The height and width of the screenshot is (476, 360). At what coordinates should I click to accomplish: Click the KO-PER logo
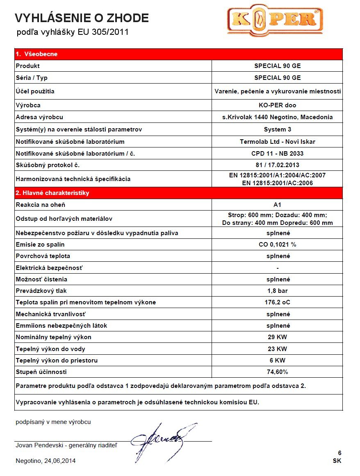[x=275, y=21]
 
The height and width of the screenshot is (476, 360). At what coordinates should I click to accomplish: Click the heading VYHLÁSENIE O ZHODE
[x=82, y=18]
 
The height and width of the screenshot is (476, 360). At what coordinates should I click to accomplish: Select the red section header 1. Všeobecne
[x=36, y=54]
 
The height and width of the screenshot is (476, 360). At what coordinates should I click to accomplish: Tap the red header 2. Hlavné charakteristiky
[x=52, y=193]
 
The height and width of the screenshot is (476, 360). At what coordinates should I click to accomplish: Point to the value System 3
[x=277, y=129]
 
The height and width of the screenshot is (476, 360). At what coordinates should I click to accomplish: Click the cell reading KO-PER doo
[x=277, y=105]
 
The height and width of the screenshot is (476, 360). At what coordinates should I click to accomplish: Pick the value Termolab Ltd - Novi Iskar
[x=277, y=142]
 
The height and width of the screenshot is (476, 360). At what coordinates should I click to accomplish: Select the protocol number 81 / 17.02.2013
[x=277, y=165]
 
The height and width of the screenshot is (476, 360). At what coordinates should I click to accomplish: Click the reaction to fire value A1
[x=277, y=205]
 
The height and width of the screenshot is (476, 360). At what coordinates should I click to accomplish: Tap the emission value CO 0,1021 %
[x=277, y=245]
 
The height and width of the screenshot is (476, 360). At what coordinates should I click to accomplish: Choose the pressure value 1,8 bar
[x=277, y=291]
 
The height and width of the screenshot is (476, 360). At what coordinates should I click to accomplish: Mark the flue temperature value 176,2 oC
[x=277, y=302]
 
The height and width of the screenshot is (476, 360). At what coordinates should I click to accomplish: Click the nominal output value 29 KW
[x=277, y=337]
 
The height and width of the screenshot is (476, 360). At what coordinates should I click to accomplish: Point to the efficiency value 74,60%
[x=277, y=372]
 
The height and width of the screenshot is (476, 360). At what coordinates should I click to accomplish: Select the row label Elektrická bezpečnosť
[x=49, y=268]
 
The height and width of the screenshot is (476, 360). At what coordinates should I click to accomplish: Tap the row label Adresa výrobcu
[x=39, y=117]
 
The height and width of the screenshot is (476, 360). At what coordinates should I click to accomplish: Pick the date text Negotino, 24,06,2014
[x=46, y=461]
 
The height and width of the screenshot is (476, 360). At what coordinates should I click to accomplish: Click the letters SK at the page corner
[x=337, y=461]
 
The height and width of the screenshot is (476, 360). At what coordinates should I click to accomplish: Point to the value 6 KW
[x=277, y=360]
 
